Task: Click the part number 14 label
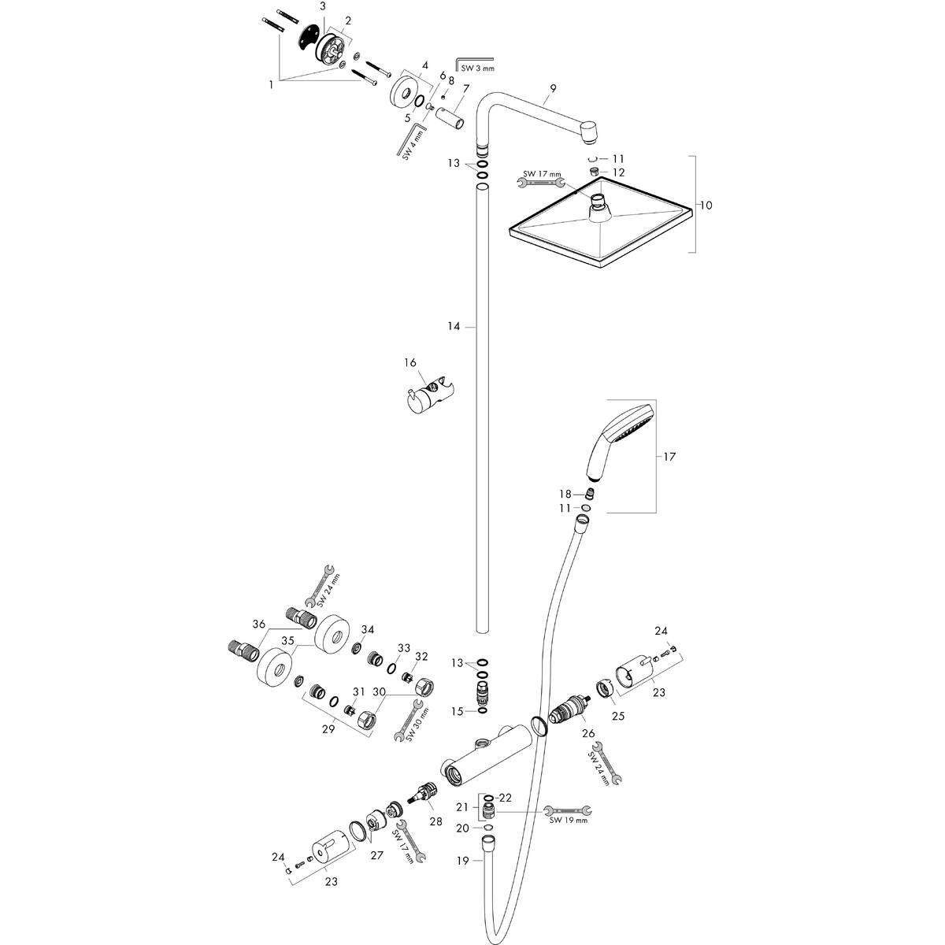pos(454,326)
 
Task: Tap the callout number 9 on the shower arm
pos(553,88)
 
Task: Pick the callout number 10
pos(706,205)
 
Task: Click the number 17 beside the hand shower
pos(669,457)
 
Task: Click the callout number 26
pos(588,733)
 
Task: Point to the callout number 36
pos(258,624)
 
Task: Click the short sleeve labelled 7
pos(450,118)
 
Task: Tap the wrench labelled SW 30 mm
pos(409,721)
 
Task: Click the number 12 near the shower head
pos(619,172)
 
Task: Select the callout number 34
pos(367,630)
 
